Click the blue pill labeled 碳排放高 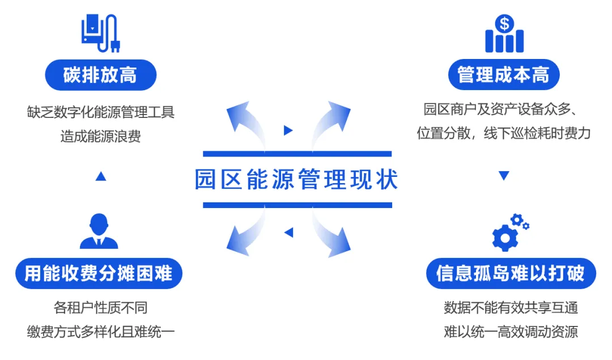[x=100, y=75]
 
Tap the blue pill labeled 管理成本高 [x=503, y=75]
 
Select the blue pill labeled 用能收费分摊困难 [x=99, y=274]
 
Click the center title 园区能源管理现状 [x=297, y=180]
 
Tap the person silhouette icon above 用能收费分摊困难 [x=99, y=231]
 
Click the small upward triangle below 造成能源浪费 [x=101, y=177]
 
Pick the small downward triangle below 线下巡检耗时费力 [x=504, y=176]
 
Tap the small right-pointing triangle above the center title [x=288, y=130]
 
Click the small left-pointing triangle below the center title [x=288, y=232]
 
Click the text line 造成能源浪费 [x=100, y=136]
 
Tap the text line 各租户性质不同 [x=100, y=308]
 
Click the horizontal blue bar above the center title [x=297, y=154]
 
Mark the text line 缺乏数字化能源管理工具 [x=100, y=112]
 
